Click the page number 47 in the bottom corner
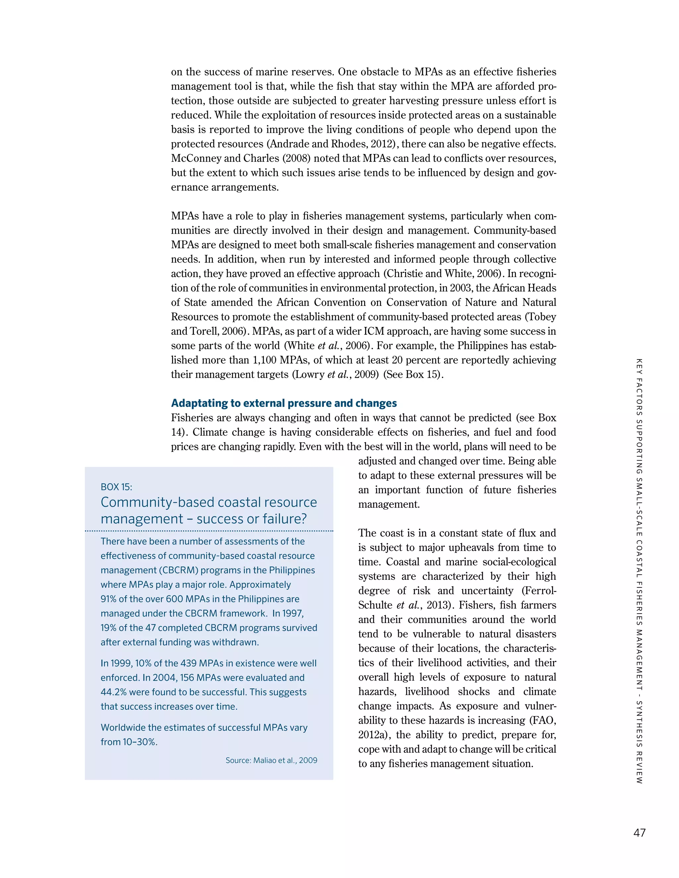coord(639,833)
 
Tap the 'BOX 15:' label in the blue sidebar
coord(116,487)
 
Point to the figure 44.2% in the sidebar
coord(113,692)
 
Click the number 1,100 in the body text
coord(265,360)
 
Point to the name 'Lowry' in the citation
coord(310,375)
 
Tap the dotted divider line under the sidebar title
coord(209,531)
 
